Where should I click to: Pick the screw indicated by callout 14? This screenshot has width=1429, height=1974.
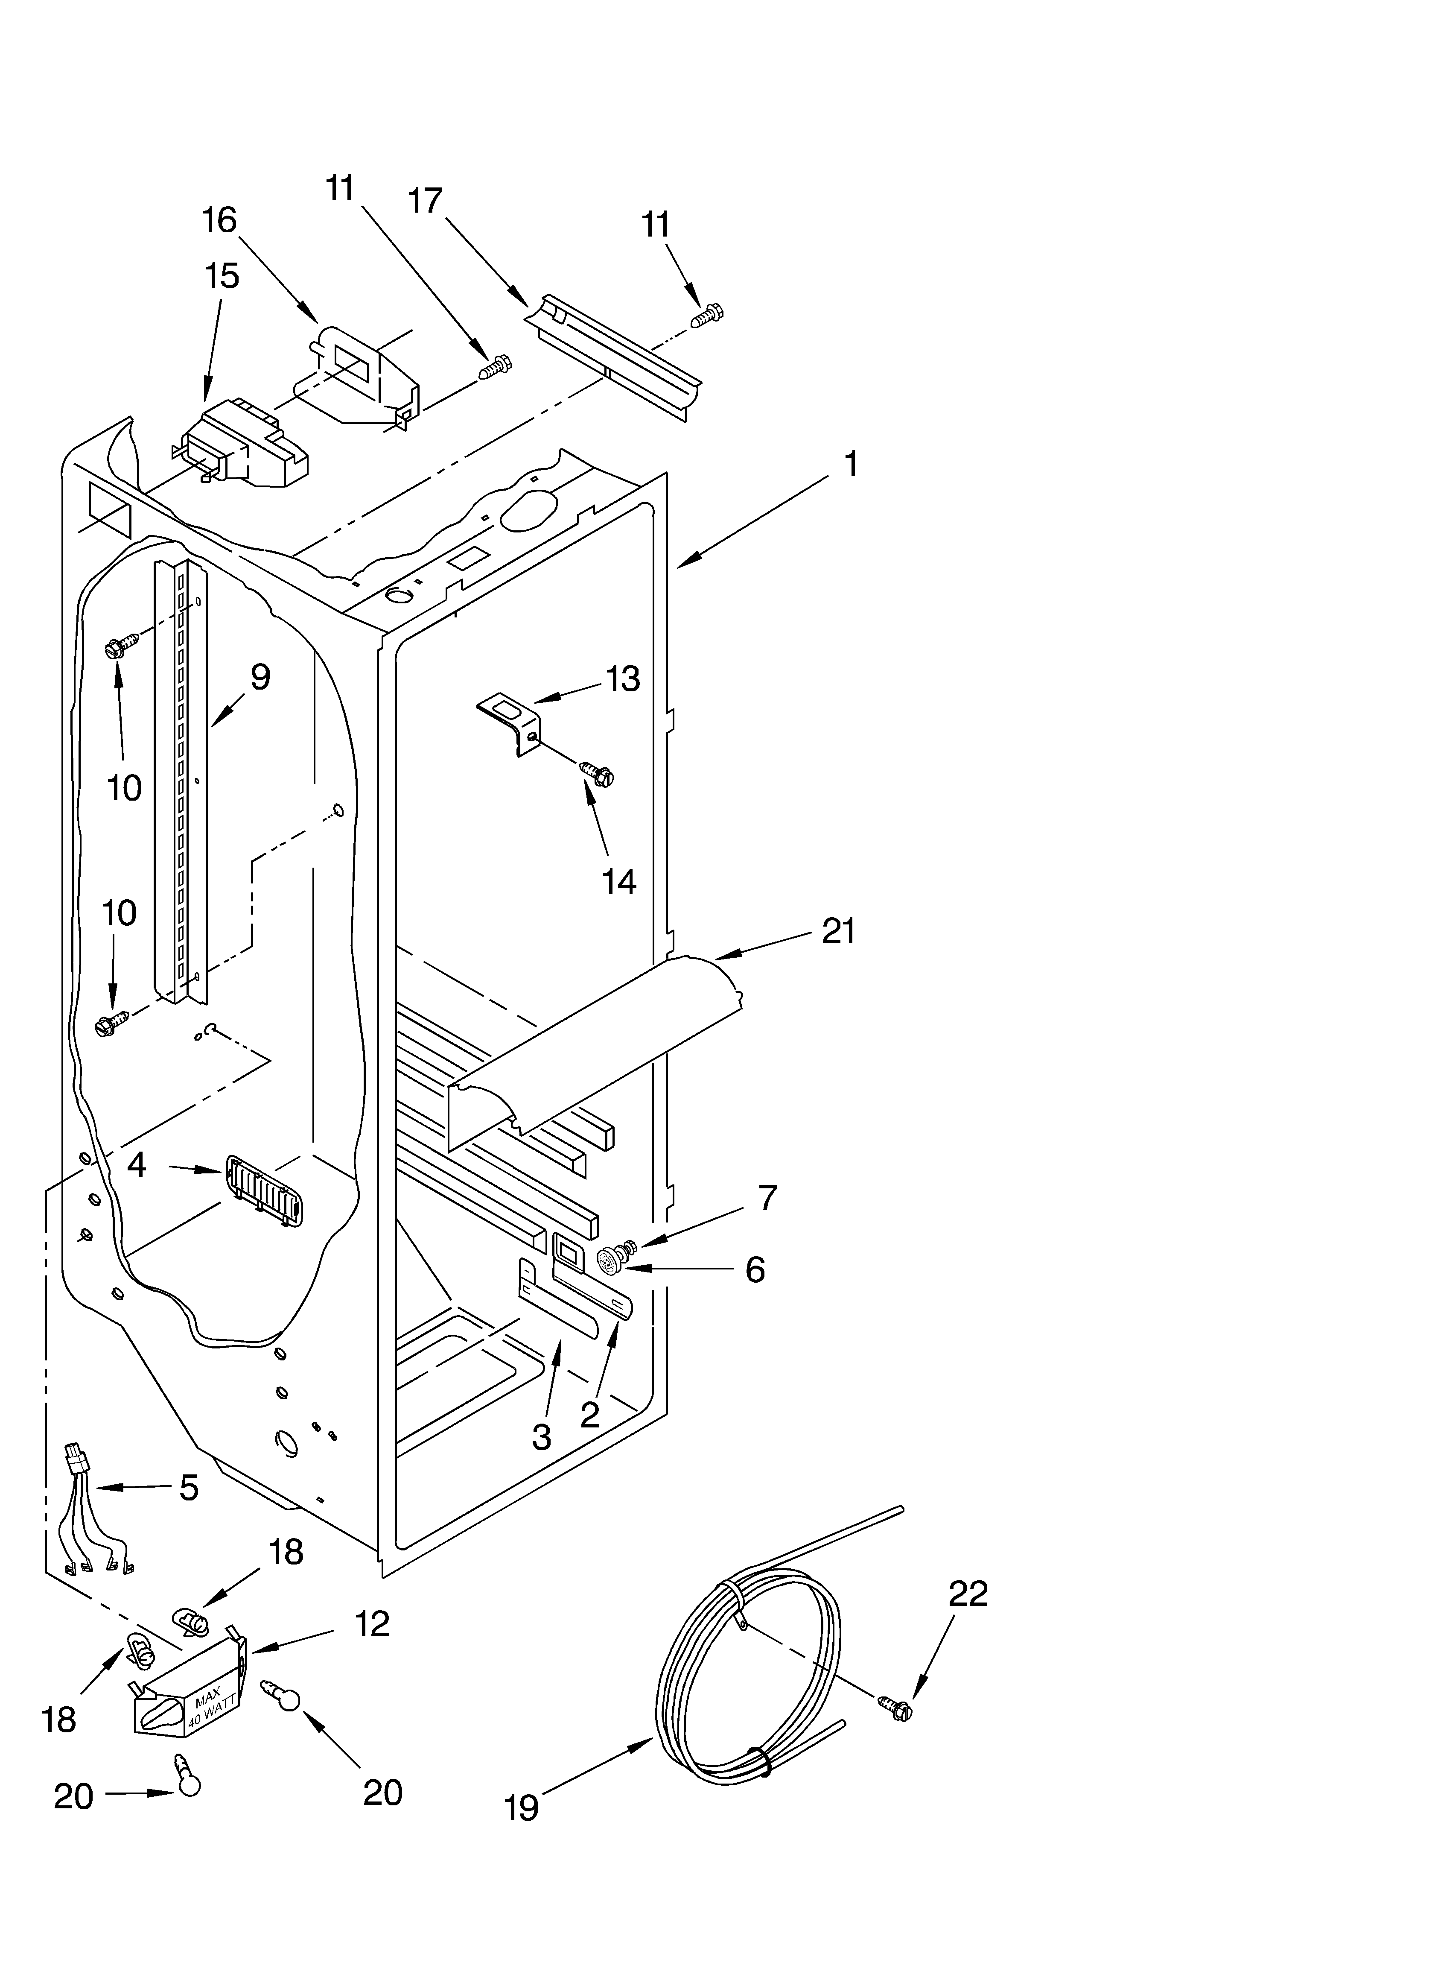click(596, 771)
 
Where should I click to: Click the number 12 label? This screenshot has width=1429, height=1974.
click(373, 1624)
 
